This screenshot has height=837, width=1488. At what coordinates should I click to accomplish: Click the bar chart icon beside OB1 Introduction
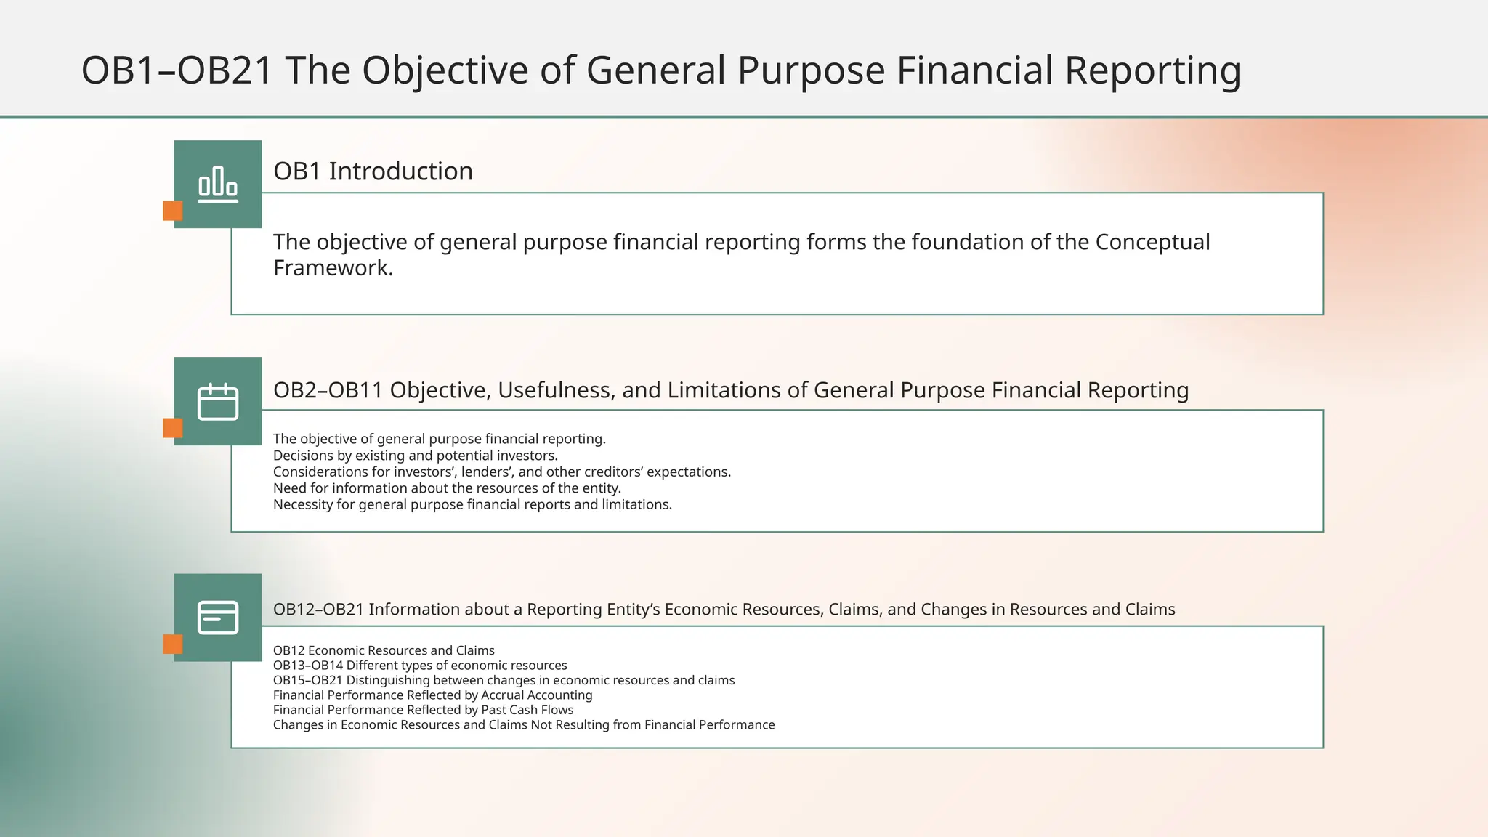218,184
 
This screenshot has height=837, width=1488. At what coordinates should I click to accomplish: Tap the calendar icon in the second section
218,401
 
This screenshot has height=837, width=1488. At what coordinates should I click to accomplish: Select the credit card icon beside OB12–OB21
218,618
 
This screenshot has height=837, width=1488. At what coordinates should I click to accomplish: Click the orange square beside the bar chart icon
173,211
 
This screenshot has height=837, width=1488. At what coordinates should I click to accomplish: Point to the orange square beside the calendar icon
173,428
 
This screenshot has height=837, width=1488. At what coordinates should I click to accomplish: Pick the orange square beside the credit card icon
173,644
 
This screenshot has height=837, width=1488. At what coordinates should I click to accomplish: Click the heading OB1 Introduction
373,171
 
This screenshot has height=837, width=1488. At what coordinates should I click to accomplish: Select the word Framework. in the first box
333,268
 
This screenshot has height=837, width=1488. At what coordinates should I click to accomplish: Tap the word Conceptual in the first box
1152,242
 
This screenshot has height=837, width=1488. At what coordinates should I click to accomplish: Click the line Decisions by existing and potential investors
415,456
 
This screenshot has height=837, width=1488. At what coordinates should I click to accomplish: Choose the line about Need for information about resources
447,488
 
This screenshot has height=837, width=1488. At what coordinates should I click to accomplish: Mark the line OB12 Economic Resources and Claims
384,650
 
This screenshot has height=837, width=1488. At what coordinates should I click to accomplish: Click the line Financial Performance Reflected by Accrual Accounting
432,695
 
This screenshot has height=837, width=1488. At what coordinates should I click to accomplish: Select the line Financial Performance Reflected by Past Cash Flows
423,710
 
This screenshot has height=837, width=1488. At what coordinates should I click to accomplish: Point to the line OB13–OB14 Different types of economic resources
420,666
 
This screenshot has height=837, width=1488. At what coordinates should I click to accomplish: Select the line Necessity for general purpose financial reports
472,504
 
